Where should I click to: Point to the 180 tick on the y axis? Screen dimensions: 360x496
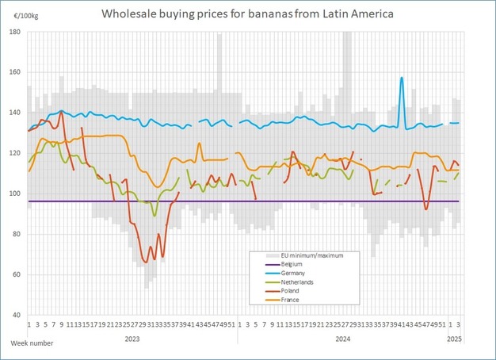(x=16, y=32)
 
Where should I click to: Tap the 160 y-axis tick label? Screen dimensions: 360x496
(x=16, y=72)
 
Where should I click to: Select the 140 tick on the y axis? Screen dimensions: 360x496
(x=16, y=113)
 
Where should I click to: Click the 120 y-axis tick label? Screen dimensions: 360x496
(x=16, y=153)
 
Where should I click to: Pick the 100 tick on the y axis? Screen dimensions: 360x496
(x=16, y=193)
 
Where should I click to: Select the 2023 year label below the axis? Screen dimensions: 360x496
(x=132, y=338)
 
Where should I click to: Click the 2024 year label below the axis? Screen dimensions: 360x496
(x=342, y=338)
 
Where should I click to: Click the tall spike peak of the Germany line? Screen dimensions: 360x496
(x=402, y=78)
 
